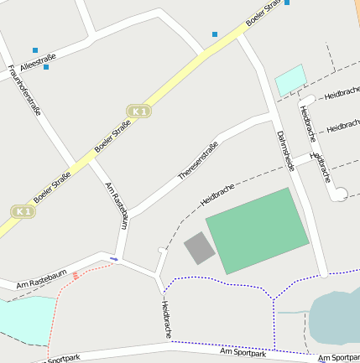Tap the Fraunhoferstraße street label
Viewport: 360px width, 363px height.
(24, 90)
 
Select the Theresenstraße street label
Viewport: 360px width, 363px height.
(198, 160)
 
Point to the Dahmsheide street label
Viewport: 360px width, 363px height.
(284, 151)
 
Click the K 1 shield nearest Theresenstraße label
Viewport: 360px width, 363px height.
(139, 111)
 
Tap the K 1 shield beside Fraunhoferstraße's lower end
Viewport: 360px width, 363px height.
(23, 212)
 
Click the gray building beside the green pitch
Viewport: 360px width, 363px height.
(200, 249)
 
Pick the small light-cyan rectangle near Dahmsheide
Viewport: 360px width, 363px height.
(290, 80)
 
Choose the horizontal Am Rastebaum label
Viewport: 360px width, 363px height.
(41, 279)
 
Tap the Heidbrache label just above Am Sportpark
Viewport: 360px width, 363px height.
(167, 319)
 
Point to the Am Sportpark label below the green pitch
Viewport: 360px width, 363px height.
(243, 353)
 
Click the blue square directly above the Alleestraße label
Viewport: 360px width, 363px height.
(35, 50)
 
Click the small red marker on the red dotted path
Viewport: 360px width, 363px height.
(76, 275)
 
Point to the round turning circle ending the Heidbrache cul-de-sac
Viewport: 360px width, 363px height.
(340, 194)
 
